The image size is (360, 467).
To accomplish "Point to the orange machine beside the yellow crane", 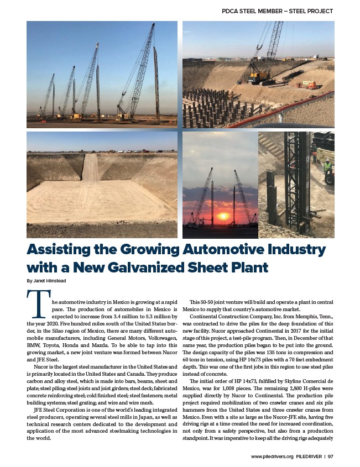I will point(310,85).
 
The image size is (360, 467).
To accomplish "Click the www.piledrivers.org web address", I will point(272,456).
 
